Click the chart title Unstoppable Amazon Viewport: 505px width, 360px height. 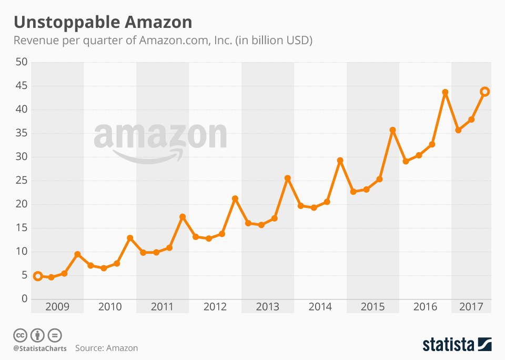103,22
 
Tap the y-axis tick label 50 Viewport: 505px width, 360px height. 22,62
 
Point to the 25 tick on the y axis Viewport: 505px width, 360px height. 22,181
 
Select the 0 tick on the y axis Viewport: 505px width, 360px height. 24,299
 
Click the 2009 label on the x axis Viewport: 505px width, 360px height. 57,306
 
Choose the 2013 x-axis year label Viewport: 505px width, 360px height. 267,306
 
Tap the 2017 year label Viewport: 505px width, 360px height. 471,306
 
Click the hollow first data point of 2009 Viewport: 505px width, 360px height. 37,276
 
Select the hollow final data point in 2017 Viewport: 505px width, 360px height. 484,92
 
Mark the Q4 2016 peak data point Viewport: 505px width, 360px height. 445,92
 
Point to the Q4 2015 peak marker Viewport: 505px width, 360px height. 392,130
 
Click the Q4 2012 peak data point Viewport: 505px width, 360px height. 235,198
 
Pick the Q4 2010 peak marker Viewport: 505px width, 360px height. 130,238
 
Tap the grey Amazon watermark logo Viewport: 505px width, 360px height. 160,139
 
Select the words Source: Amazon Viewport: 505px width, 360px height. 106,348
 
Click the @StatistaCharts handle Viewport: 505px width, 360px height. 40,348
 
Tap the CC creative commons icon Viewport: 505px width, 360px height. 20,335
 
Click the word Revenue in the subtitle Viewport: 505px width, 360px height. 35,41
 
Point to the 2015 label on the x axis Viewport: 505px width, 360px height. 372,306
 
